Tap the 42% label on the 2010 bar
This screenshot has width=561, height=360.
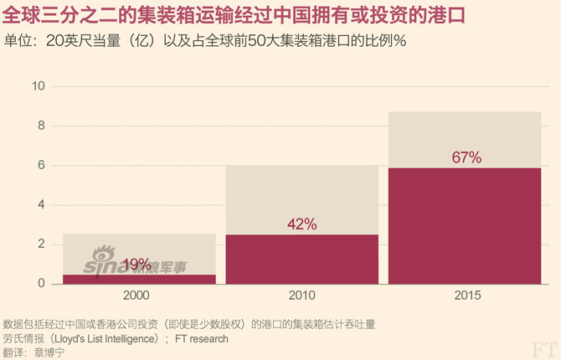(x=301, y=224)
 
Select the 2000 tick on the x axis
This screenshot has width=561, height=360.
(x=138, y=296)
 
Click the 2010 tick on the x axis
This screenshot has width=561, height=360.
(x=301, y=296)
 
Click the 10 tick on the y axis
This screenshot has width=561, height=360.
(x=38, y=86)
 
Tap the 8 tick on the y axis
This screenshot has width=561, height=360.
(x=40, y=126)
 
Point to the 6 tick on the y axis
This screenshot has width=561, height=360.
(x=40, y=165)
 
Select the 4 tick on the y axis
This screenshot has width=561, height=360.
(x=40, y=204)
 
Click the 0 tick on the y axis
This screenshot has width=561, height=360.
(x=40, y=283)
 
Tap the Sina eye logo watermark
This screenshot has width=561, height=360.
(x=105, y=255)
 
